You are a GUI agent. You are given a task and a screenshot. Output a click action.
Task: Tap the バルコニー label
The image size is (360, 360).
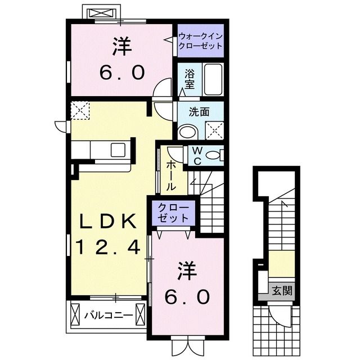point(109,316)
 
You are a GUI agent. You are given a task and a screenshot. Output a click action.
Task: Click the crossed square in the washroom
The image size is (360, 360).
point(214,130)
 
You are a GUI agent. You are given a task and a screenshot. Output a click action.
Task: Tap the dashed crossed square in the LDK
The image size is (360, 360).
point(80,110)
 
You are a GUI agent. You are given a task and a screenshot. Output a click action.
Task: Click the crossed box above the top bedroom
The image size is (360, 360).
point(100,12)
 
